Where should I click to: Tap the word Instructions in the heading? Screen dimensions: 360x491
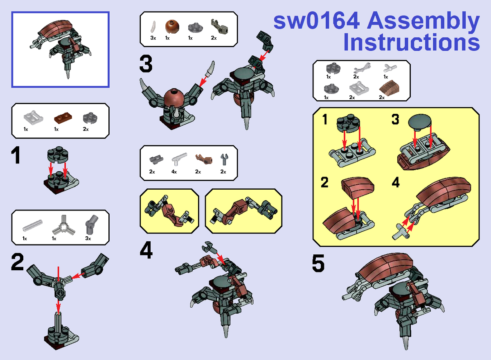[411, 42]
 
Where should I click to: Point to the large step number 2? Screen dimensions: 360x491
[18, 262]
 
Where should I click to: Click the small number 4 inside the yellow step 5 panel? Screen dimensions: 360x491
[395, 183]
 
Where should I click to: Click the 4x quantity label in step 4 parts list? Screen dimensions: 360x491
[174, 172]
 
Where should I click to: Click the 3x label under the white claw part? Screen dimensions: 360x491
[153, 38]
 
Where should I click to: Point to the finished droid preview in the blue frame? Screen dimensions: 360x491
[60, 49]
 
